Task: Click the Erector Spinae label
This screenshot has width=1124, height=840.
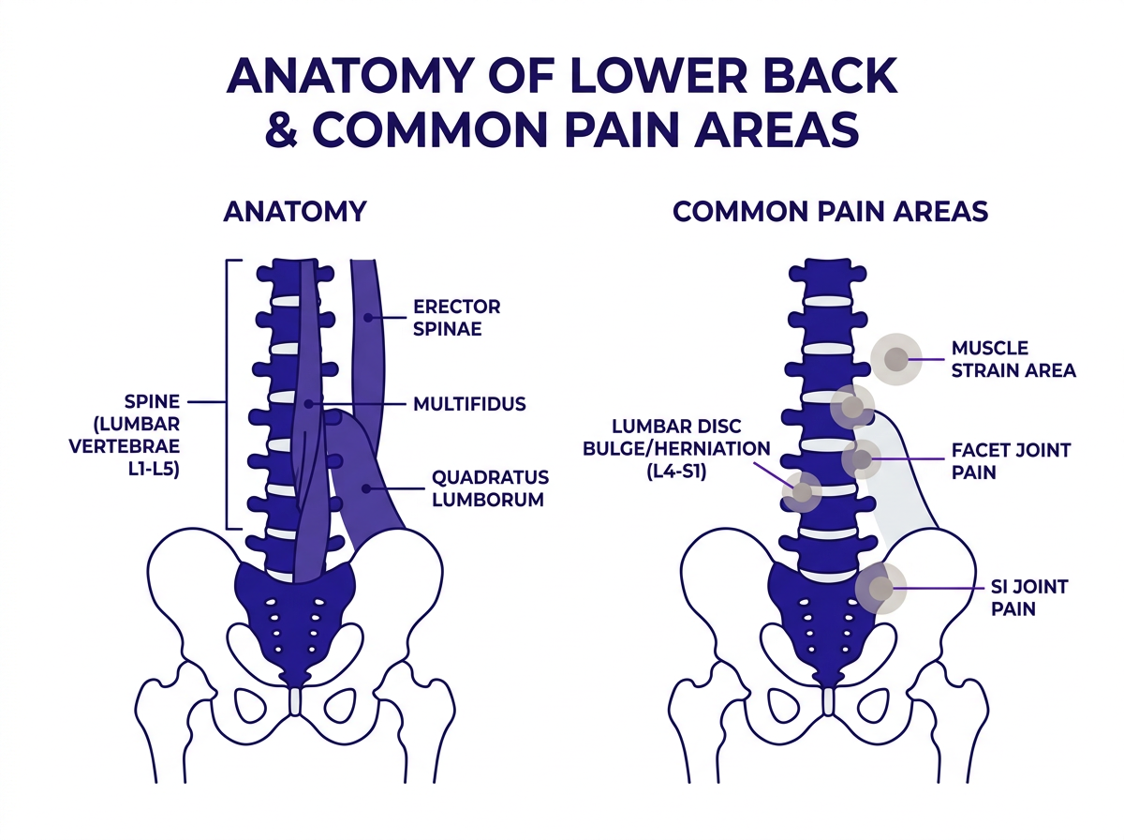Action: click(456, 318)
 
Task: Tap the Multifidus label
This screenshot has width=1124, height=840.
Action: click(468, 405)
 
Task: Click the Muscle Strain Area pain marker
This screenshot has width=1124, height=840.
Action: click(895, 358)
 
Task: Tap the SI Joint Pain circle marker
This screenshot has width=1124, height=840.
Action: click(880, 589)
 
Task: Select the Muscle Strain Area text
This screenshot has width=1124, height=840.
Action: click(1013, 359)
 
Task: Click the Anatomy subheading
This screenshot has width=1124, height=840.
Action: click(294, 211)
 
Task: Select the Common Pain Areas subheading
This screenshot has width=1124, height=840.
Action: click(830, 211)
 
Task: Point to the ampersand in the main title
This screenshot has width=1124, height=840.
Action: click(281, 129)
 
